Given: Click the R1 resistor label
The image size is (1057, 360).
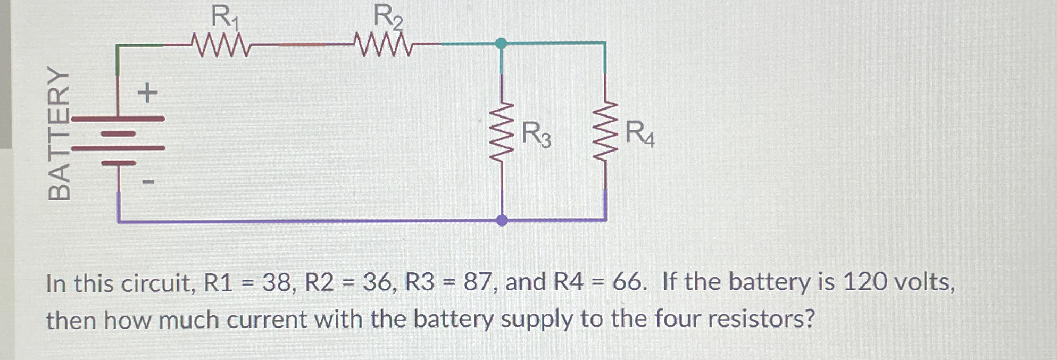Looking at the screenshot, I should coord(224,17).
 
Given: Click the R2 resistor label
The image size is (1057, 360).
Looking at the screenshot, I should coord(387,17).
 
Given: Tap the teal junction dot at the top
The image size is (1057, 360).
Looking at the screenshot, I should coord(501,44).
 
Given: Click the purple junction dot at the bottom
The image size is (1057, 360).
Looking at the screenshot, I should coord(502,220).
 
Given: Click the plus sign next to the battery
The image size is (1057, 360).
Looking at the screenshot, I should coord(147,93).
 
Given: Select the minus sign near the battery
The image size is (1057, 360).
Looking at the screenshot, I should coord(148,182).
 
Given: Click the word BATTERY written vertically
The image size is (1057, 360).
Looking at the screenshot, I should coord(59,133).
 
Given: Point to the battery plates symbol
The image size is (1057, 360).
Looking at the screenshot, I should coord(118,141).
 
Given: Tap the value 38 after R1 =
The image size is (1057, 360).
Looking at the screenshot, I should coord(276,282).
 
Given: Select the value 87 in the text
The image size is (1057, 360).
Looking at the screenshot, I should coord(477,282).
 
